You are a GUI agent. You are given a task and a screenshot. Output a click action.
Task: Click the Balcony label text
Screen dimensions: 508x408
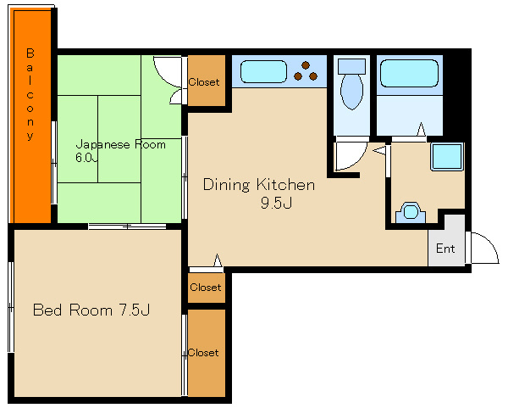pyautogui.click(x=30, y=94)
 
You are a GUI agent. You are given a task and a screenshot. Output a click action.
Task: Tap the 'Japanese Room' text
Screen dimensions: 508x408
pyautogui.click(x=120, y=144)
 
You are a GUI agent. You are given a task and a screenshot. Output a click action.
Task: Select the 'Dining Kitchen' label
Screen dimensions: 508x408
pyautogui.click(x=259, y=184)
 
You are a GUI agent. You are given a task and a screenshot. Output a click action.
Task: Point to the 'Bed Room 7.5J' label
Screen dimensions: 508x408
pyautogui.click(x=91, y=310)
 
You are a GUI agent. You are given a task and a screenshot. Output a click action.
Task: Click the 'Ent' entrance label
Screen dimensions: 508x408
pyautogui.click(x=445, y=249)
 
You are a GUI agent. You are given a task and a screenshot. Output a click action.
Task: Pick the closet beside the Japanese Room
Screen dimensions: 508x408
pyautogui.click(x=207, y=81)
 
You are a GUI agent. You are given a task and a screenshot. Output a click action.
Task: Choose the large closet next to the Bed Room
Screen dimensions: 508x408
pyautogui.click(x=207, y=353)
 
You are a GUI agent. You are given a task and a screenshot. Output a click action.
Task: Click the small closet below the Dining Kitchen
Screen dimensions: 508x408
pyautogui.click(x=207, y=288)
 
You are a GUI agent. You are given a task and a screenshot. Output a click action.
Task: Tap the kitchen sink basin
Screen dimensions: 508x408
pyautogui.click(x=263, y=71)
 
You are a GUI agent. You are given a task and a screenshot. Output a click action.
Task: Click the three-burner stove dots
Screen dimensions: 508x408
pyautogui.click(x=306, y=71)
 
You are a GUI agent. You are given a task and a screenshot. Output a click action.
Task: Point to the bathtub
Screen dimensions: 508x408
pyautogui.click(x=409, y=73)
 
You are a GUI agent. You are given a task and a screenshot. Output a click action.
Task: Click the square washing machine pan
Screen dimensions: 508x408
pyautogui.click(x=446, y=156)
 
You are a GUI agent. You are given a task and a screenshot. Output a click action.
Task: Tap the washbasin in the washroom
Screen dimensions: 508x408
pyautogui.click(x=410, y=212)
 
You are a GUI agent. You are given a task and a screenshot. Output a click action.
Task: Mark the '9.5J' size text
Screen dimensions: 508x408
pyautogui.click(x=276, y=203)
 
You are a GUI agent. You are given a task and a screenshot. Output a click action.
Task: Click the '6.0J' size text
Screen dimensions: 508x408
pyautogui.click(x=86, y=158)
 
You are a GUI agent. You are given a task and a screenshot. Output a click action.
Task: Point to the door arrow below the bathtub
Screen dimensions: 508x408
pyautogui.click(x=421, y=129)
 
